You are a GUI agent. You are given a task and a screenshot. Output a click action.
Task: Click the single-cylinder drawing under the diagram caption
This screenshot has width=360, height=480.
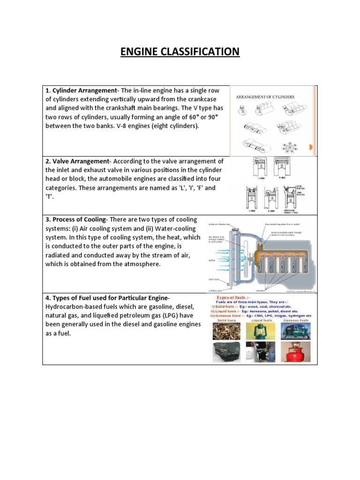[x=243, y=110]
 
